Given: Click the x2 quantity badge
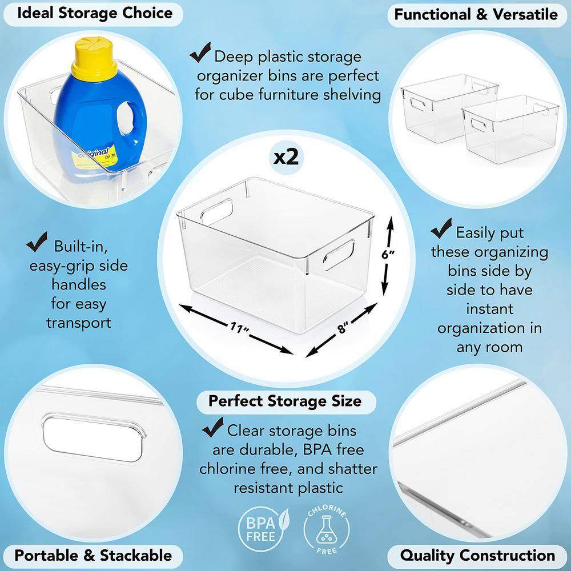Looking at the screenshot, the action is pyautogui.click(x=287, y=158).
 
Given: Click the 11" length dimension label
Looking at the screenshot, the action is pyautogui.click(x=239, y=327).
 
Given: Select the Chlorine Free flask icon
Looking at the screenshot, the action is pyautogui.click(x=326, y=529).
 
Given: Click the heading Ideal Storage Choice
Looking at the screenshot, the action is pyautogui.click(x=95, y=14).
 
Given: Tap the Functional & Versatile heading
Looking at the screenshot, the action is pyautogui.click(x=476, y=15).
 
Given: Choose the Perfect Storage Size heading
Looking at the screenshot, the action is pyautogui.click(x=285, y=401).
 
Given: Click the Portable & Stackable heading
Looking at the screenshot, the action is pyautogui.click(x=93, y=556).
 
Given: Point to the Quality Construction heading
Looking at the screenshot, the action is pyautogui.click(x=477, y=556).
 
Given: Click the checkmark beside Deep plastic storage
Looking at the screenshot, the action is pyautogui.click(x=200, y=52).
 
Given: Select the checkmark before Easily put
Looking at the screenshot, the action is pyautogui.click(x=441, y=228).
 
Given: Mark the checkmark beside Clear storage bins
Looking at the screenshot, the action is pyautogui.click(x=213, y=427).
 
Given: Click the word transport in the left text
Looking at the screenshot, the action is pyautogui.click(x=79, y=323).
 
